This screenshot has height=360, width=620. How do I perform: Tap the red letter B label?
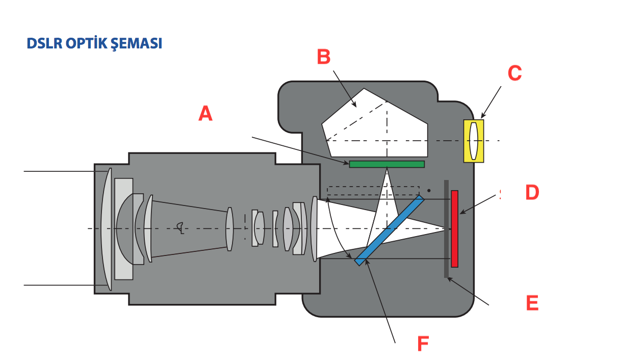(x=324, y=57)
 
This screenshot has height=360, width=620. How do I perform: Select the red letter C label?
(x=514, y=73)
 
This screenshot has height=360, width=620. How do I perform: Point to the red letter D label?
(x=532, y=193)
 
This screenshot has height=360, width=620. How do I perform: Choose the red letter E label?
(x=532, y=303)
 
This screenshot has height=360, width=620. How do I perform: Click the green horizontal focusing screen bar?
(x=386, y=164)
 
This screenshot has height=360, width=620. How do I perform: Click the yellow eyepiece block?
(x=467, y=141)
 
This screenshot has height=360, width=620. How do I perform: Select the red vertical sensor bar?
(x=454, y=228)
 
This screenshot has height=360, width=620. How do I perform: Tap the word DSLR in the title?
(x=45, y=44)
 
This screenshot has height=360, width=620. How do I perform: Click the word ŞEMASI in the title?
(x=136, y=44)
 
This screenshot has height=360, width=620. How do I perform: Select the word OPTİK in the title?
(x=87, y=44)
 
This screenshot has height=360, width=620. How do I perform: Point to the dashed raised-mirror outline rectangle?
(x=373, y=191)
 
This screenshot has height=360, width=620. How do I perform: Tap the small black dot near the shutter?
(x=429, y=191)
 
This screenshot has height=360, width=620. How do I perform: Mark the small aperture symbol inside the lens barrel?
(x=179, y=226)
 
